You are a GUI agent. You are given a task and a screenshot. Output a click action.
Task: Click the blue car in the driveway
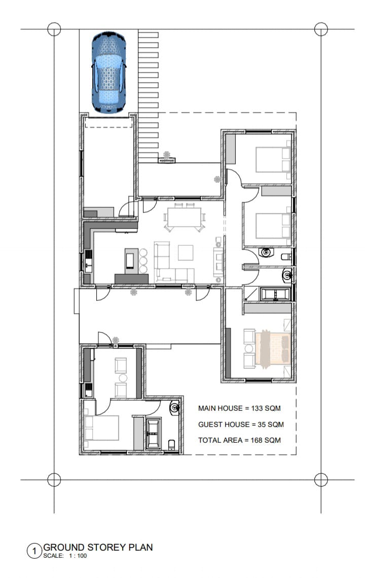(109, 72)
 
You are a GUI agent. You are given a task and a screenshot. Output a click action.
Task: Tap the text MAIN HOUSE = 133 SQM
(239, 408)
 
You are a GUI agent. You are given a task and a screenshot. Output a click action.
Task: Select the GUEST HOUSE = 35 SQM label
(241, 425)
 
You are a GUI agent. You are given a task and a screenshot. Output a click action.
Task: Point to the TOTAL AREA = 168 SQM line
(239, 440)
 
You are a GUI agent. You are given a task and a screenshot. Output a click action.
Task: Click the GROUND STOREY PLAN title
(98, 548)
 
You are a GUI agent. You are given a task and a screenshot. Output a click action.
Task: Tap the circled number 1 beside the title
(34, 551)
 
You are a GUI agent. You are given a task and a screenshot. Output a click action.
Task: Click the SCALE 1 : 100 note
(65, 556)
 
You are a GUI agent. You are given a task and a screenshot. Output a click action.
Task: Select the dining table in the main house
(184, 217)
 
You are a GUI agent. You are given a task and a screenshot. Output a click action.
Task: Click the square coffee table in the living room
(186, 253)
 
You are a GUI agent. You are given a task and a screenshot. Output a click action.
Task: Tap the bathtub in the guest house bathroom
(153, 434)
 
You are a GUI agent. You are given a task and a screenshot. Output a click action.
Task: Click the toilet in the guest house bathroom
(172, 445)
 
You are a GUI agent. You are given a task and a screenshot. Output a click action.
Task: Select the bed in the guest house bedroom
(101, 428)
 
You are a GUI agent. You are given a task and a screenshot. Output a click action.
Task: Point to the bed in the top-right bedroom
(273, 159)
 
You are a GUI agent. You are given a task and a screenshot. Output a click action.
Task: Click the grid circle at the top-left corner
(54, 29)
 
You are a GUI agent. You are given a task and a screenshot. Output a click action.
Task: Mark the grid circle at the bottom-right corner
(321, 480)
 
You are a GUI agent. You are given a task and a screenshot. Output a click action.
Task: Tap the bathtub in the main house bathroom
(275, 294)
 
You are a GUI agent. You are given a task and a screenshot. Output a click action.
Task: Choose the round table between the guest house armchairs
(123, 378)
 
